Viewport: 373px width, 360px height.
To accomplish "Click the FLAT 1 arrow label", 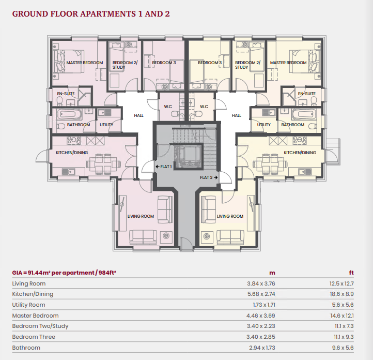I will pos(164,166).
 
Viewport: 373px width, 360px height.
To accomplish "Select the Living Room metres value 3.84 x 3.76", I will pos(261,283).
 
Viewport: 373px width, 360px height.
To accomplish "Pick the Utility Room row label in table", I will pos(29,305).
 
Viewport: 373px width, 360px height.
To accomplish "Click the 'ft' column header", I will pos(352,273).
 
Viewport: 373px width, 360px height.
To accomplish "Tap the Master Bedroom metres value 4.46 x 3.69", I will pos(261,316).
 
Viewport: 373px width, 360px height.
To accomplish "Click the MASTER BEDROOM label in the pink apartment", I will pos(85,63).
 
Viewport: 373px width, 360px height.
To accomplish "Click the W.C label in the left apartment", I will pos(168,107).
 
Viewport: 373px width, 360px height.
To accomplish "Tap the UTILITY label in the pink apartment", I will pos(107,125).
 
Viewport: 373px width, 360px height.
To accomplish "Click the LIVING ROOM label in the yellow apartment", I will pos(230,216).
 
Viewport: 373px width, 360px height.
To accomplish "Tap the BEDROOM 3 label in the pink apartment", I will pos(164,63).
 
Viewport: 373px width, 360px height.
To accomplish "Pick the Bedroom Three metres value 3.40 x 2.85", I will pos(261,337).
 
